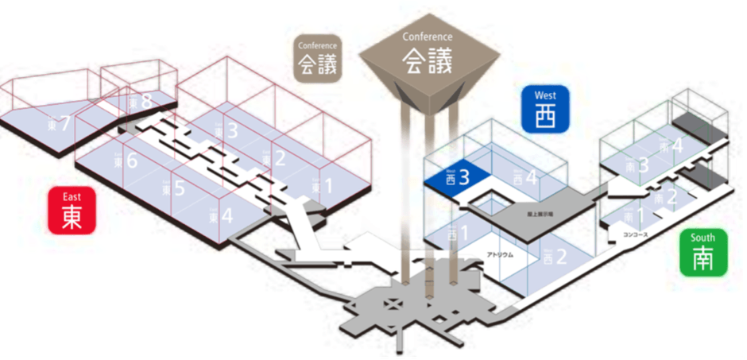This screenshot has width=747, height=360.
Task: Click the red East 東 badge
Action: pyautogui.click(x=72, y=211)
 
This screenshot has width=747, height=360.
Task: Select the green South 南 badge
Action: pyautogui.click(x=702, y=253)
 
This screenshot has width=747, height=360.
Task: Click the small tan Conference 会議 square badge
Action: pyautogui.click(x=318, y=57)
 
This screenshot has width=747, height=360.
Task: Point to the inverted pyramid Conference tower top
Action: pyautogui.click(x=428, y=64)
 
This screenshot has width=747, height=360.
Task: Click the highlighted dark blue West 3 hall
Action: pyautogui.click(x=461, y=178)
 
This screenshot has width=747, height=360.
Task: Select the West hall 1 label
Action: pyautogui.click(x=457, y=234)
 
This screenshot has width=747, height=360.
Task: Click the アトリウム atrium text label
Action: pyautogui.click(x=501, y=255)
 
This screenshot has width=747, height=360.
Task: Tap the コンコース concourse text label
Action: pyautogui.click(x=636, y=236)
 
